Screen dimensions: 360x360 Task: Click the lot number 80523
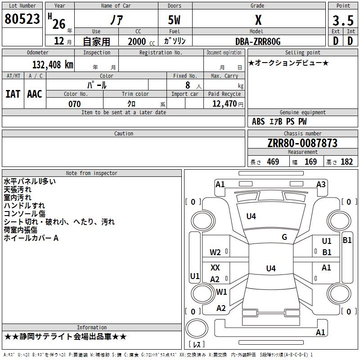pyautogui.click(x=22, y=18)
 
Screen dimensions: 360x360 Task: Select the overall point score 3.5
pyautogui.click(x=343, y=20)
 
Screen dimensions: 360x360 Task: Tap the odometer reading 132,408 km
pyautogui.click(x=53, y=65)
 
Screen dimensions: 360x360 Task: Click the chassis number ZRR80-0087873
pyautogui.click(x=302, y=143)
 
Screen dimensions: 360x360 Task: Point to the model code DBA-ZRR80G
pyautogui.click(x=258, y=41)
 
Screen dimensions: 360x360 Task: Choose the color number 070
pyautogui.click(x=75, y=104)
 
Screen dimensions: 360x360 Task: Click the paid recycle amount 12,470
pyautogui.click(x=224, y=104)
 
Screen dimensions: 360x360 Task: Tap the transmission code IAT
pyautogui.click(x=13, y=94)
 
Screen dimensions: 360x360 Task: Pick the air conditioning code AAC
pyautogui.click(x=35, y=94)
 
